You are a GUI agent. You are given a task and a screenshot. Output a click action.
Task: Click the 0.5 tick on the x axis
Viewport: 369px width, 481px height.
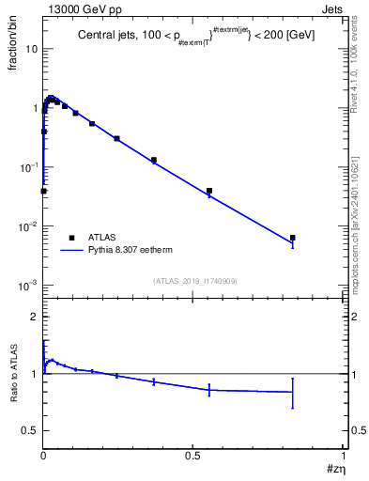(192, 455)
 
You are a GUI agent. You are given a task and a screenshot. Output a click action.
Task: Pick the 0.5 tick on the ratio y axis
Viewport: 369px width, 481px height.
(31, 430)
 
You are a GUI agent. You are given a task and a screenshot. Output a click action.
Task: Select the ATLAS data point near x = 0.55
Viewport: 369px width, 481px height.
(208, 191)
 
